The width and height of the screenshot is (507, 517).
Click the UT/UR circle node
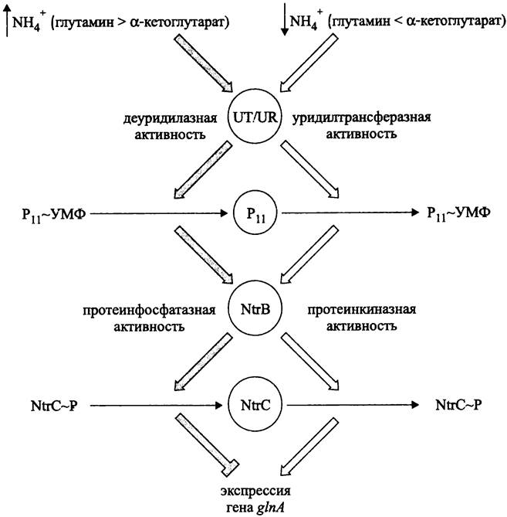coord(254,117)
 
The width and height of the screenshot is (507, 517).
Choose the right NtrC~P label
coord(461,404)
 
